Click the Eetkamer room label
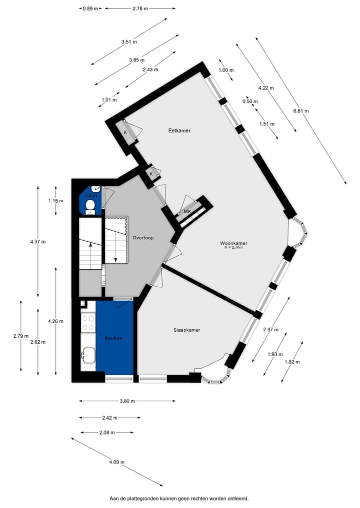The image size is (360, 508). [x=179, y=131]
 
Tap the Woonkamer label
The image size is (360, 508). [x=234, y=243]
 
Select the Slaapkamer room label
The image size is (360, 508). [x=186, y=330]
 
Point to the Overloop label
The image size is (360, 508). [x=143, y=238]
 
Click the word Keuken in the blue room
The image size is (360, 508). [x=113, y=338]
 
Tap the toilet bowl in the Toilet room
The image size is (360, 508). [x=90, y=205]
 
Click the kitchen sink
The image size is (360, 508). [x=88, y=356]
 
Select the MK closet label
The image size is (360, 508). [x=188, y=212]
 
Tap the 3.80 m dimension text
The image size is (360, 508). [x=127, y=401]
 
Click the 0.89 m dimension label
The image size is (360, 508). [x=90, y=8]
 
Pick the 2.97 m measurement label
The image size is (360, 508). [x=272, y=329]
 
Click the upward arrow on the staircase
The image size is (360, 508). [x=90, y=244]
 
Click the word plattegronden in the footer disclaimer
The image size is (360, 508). [x=152, y=499]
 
